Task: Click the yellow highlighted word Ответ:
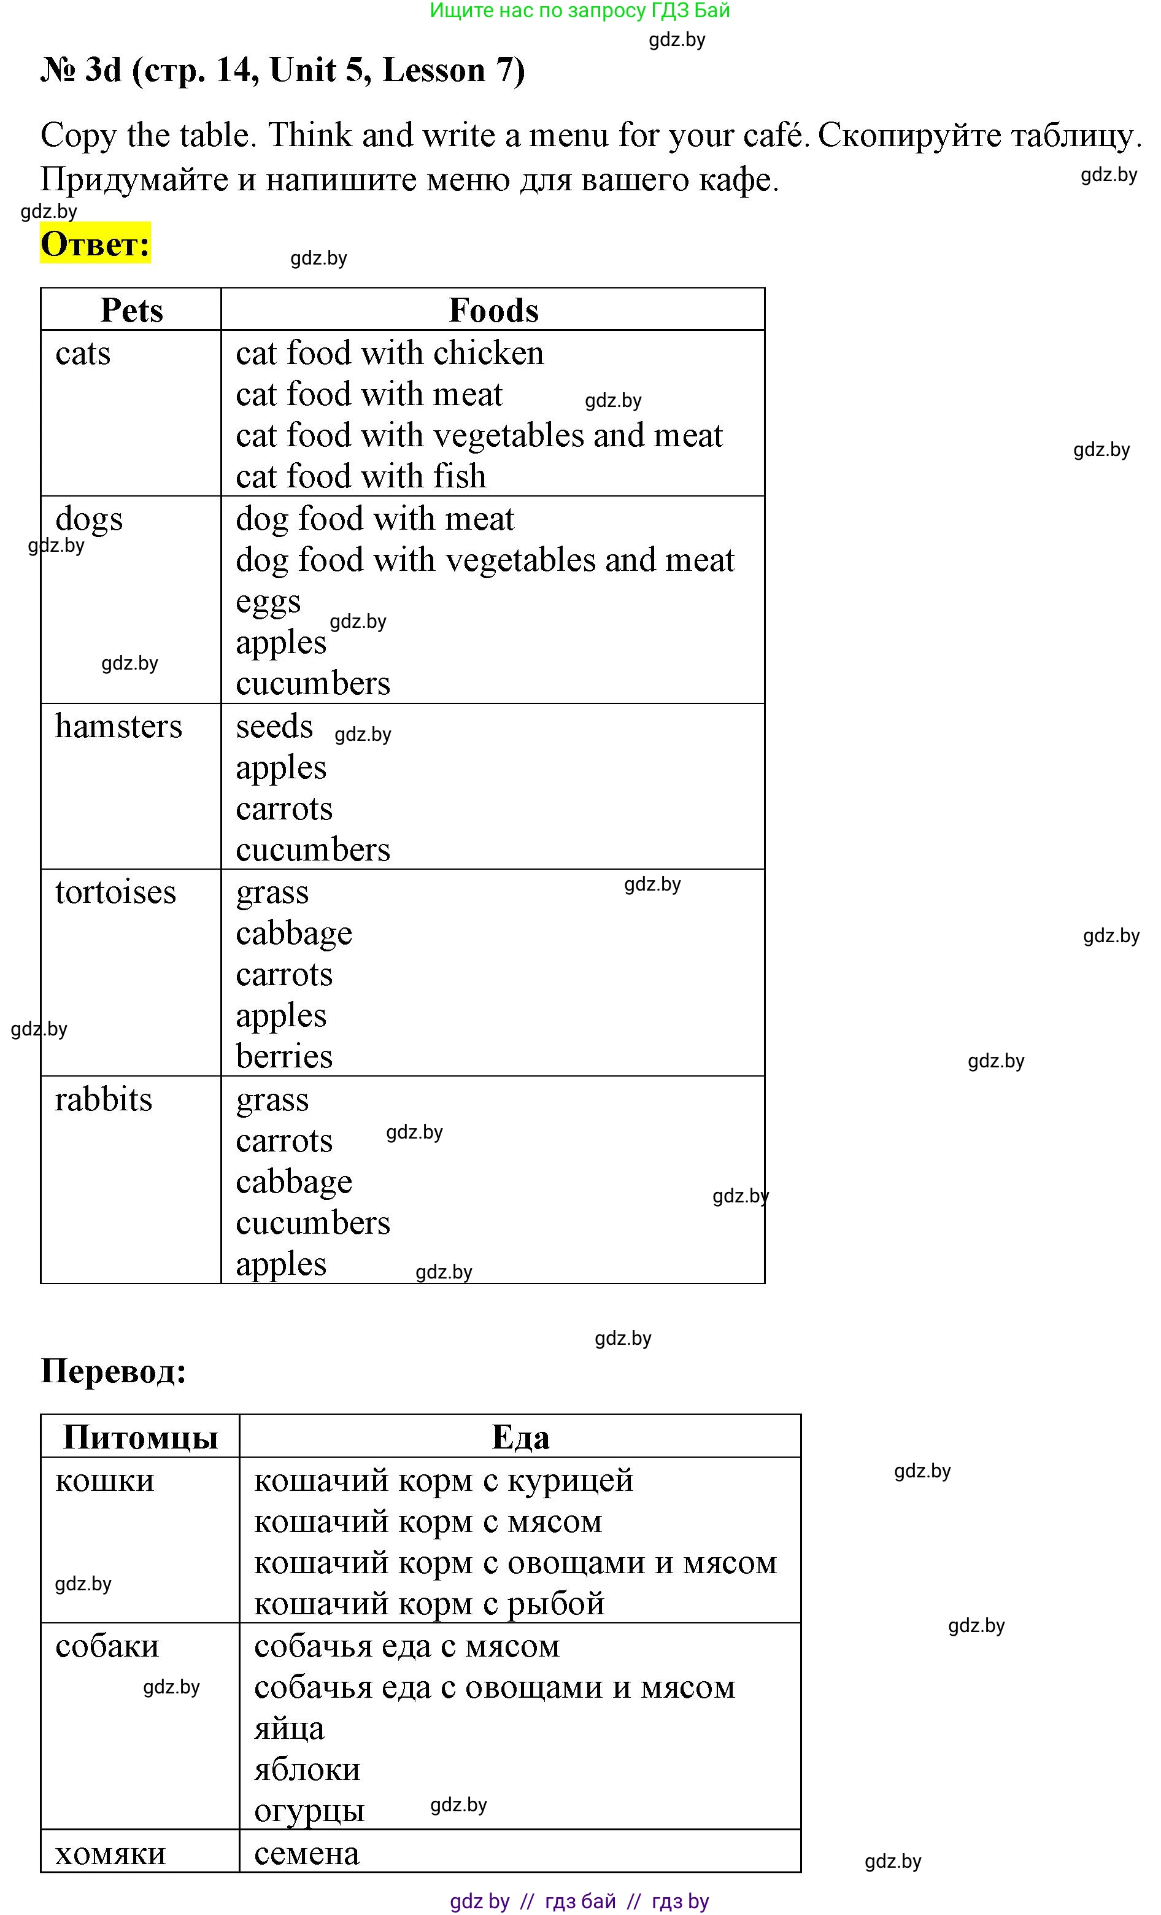95,244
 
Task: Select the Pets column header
131,310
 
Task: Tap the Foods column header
493,310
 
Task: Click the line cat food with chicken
389,354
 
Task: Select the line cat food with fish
361,476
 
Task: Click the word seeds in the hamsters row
274,727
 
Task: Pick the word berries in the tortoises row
283,1057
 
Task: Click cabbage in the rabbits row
294,1182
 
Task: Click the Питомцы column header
140,1437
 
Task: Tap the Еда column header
520,1437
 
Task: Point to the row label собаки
107,1646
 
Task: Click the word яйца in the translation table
289,1728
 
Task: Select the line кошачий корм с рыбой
429,1603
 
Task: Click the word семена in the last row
306,1854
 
